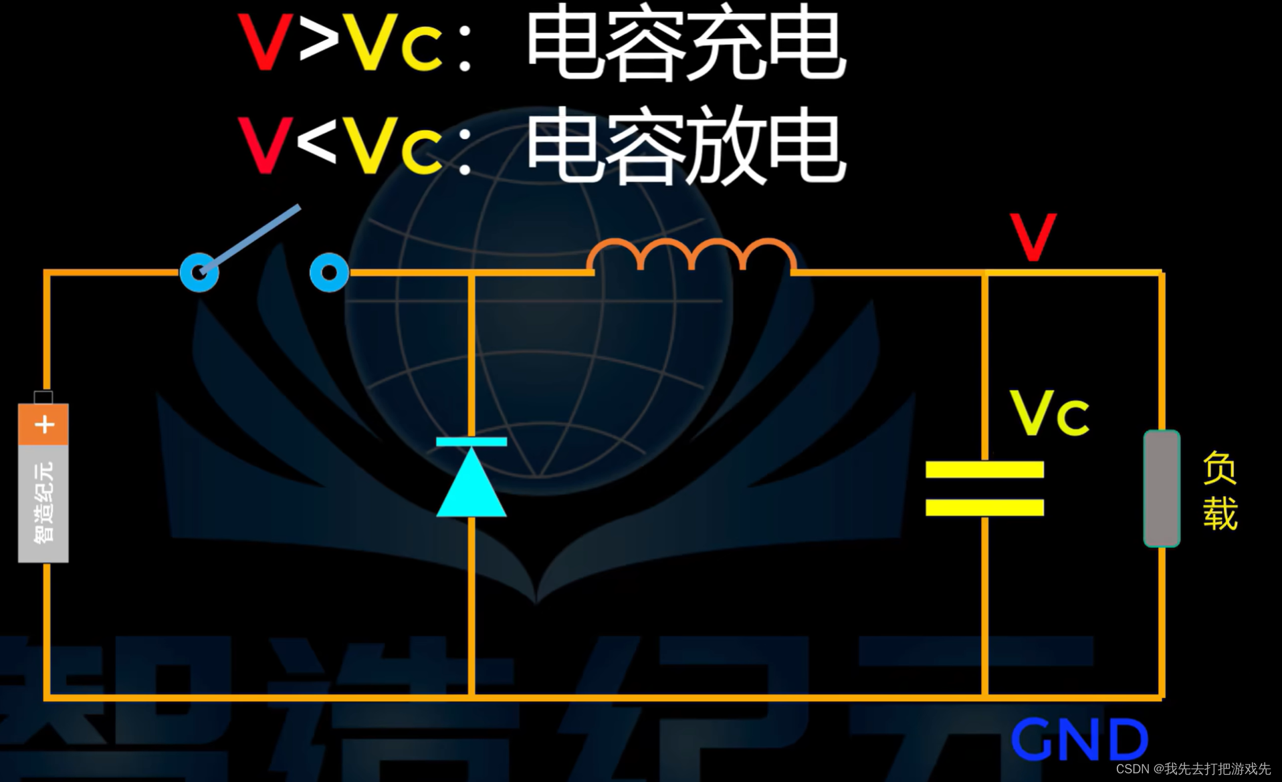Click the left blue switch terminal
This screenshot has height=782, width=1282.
coord(199,272)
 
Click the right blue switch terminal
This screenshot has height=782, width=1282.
coord(329,272)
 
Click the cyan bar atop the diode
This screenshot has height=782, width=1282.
coord(471,442)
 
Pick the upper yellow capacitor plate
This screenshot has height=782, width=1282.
coord(984,469)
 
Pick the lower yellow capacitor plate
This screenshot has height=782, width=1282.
coord(984,507)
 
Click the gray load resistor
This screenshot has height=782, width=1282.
coord(1162,489)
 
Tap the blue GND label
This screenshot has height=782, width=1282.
coord(1079,739)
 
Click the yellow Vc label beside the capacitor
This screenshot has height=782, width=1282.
coord(1049,414)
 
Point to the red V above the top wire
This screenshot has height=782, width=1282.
coord(1033,237)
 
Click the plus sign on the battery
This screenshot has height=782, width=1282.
coord(44,424)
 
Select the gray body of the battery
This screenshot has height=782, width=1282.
coord(43,503)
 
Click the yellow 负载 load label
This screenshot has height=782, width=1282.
coord(1220,491)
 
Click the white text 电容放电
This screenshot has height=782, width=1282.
coord(685,147)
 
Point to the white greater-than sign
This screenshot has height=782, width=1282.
coord(319,41)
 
